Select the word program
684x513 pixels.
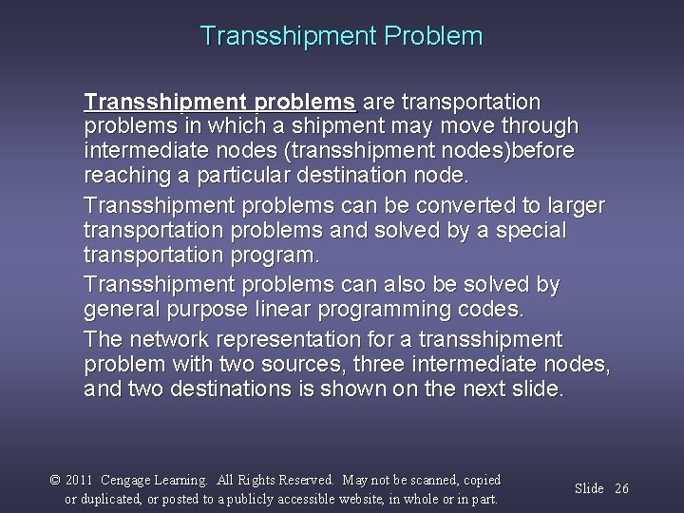pyautogui.click(x=283, y=256)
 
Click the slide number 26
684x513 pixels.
pyautogui.click(x=621, y=488)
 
